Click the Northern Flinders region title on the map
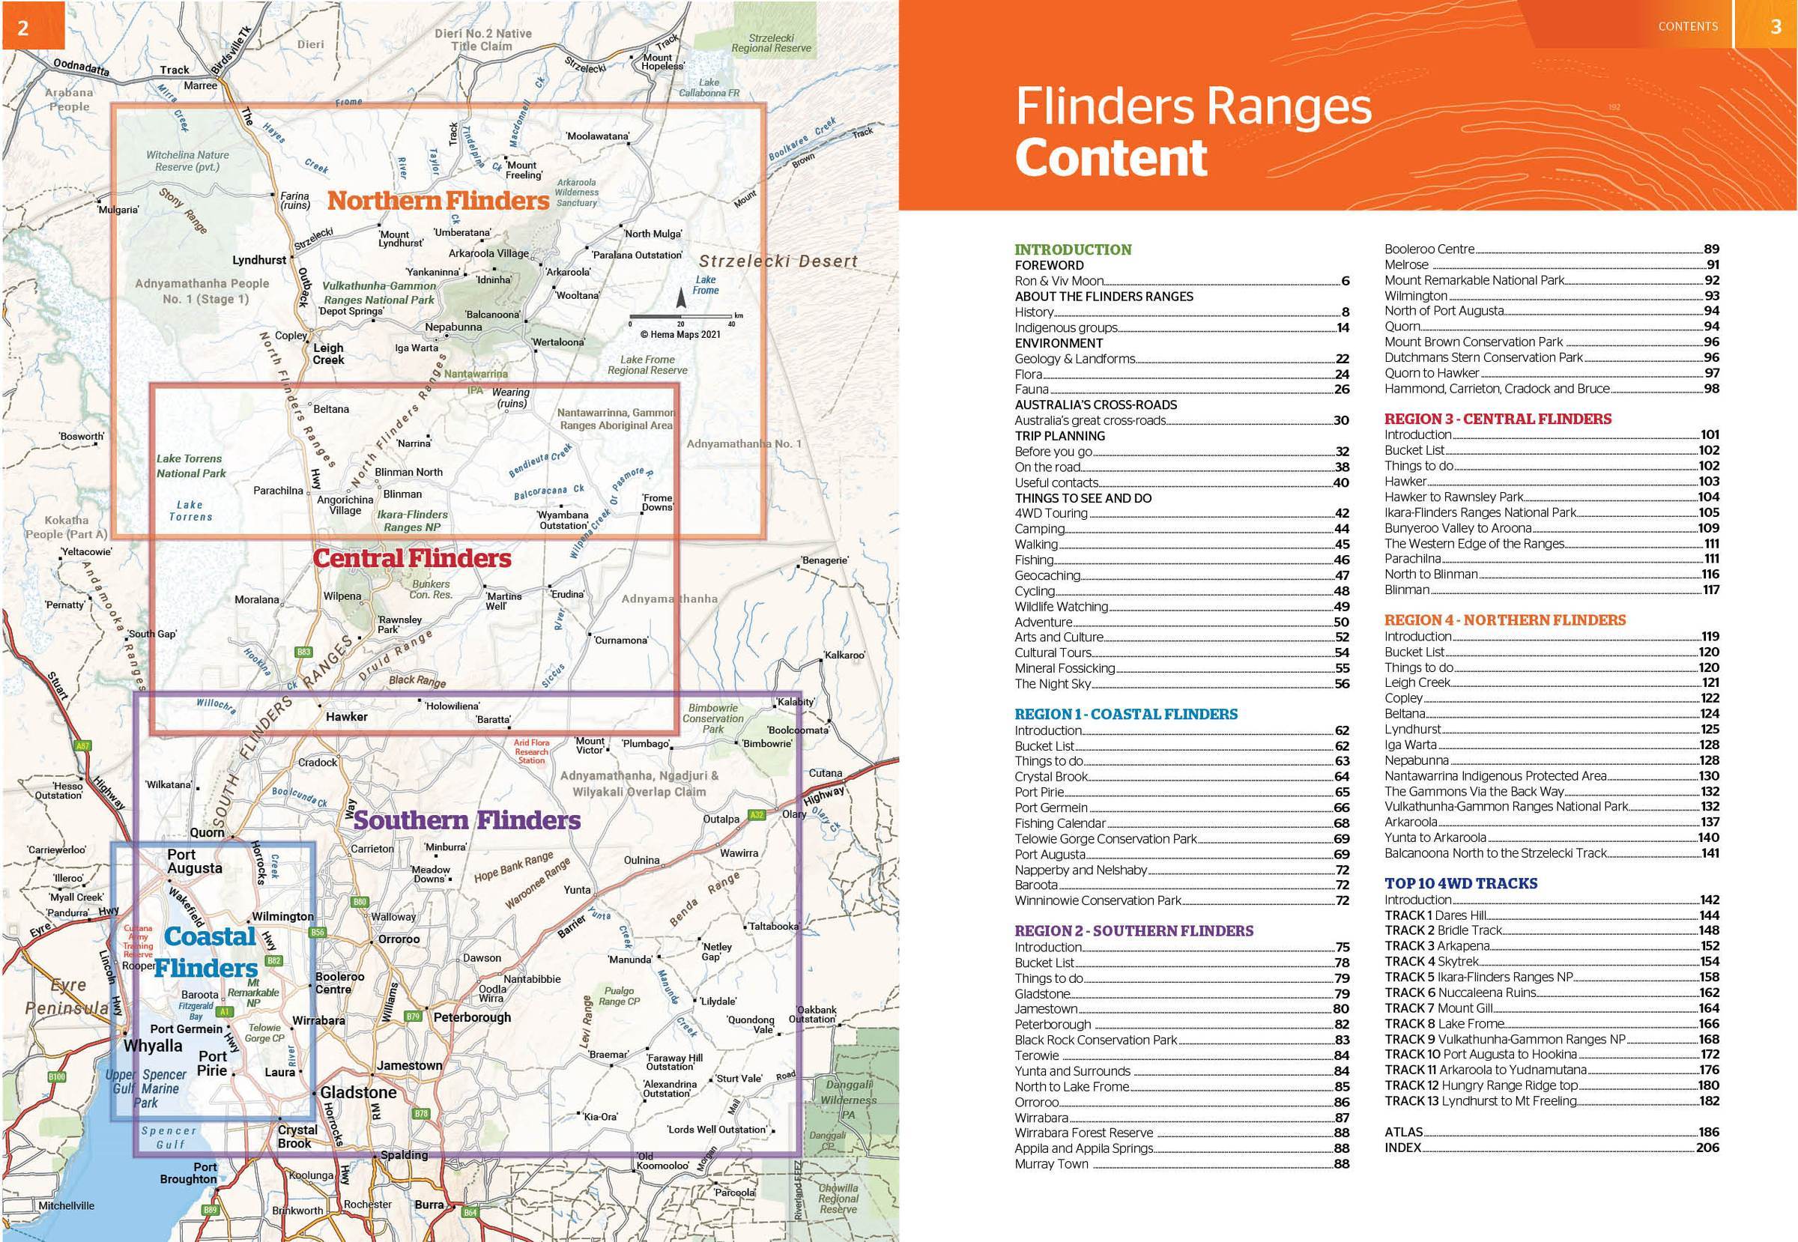pos(438,201)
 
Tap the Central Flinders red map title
pos(412,558)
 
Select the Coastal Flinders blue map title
pos(207,953)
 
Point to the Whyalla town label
pos(153,1045)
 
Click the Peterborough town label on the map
pos(472,1017)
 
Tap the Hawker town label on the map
pos(346,717)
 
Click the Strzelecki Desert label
pos(778,261)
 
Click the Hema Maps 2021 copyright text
pos(680,335)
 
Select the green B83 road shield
pos(303,652)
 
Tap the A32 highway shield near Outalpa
pos(757,815)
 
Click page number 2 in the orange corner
pos(23,28)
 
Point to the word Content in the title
pos(1111,158)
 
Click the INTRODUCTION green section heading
pos(1073,249)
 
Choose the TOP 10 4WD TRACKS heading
pos(1460,883)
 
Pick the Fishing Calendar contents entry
pos(1059,823)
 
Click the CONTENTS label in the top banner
pos(1687,26)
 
